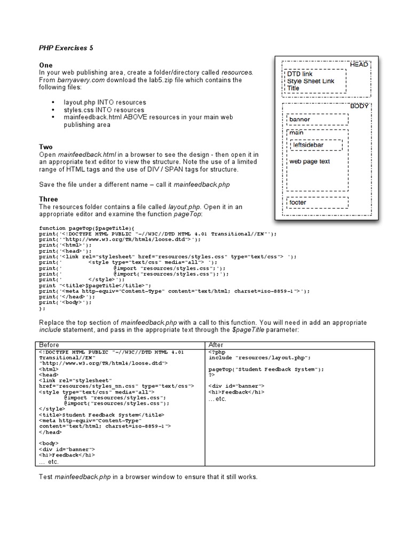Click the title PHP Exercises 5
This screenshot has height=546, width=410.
tap(66, 47)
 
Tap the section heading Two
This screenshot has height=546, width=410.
tap(46, 147)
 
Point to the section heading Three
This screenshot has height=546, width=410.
tap(49, 199)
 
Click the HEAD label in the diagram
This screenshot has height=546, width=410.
tap(359, 65)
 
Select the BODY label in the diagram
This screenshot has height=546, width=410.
tap(359, 107)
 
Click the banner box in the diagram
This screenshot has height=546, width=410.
tap(317, 119)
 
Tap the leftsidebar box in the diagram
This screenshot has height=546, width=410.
tap(317, 144)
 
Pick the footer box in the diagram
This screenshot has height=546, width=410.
tap(317, 203)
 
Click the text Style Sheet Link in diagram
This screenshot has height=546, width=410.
tap(311, 81)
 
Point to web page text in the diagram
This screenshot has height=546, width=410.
tap(310, 161)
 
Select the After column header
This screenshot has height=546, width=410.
tap(216, 344)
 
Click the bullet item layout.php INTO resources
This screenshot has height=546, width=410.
tap(105, 102)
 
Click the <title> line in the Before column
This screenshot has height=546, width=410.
tap(101, 414)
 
